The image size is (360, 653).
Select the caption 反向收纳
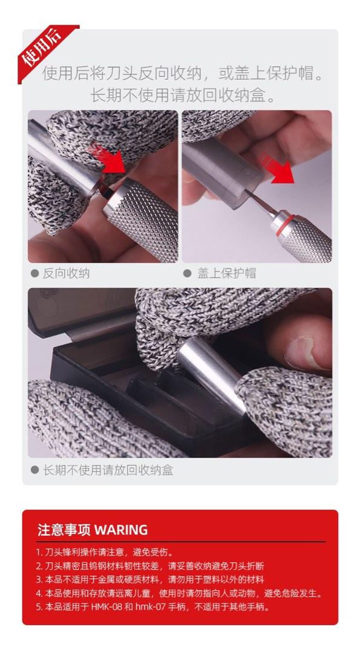tap(66, 273)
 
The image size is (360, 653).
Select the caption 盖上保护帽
tap(227, 273)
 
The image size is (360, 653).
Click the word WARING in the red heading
tap(121, 530)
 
